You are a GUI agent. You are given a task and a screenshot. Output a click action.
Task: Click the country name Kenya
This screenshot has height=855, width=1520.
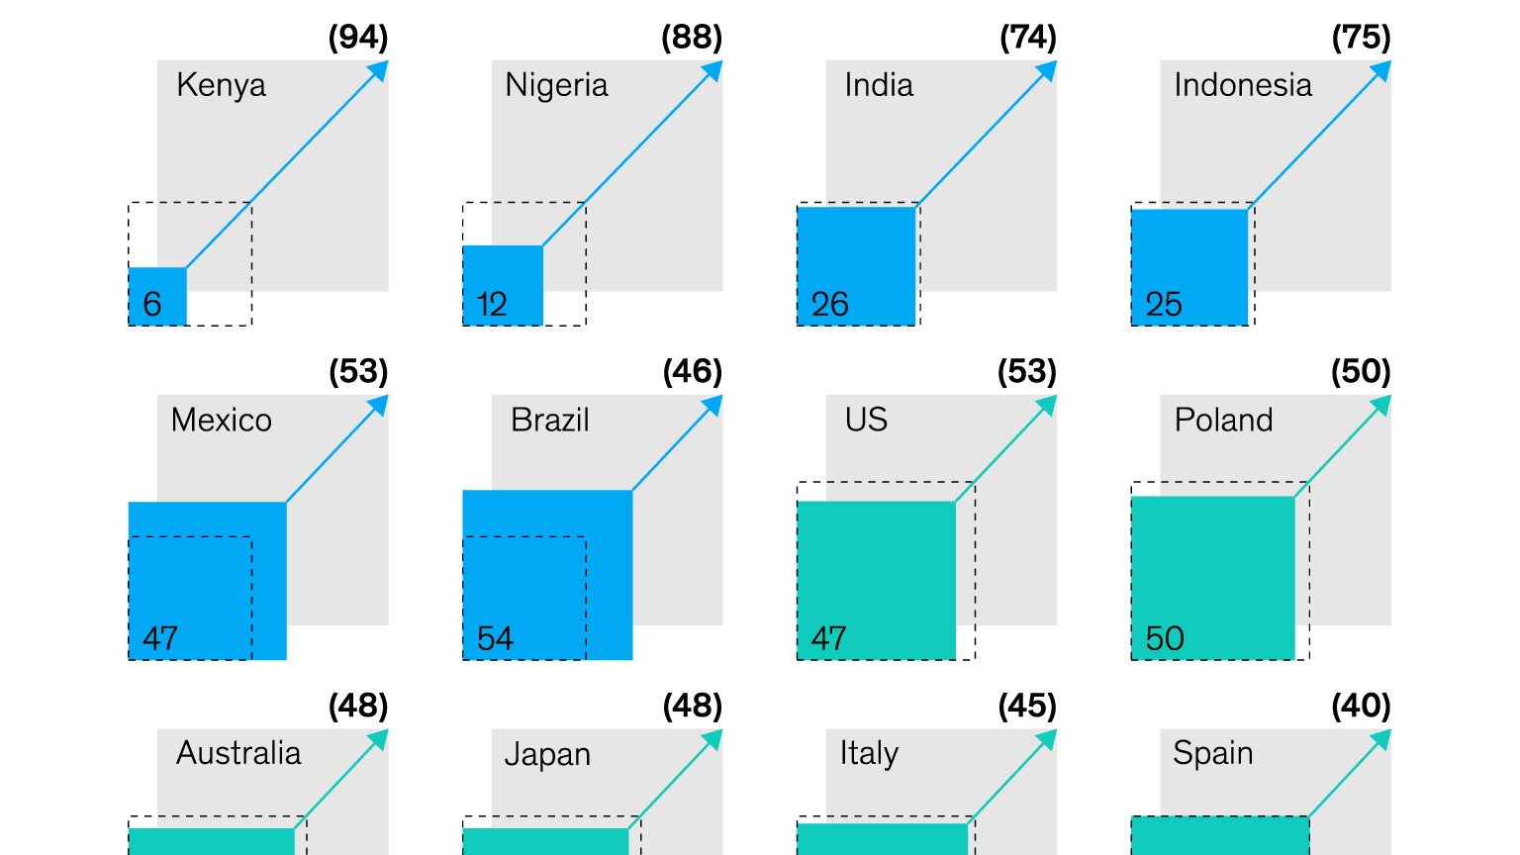click(221, 86)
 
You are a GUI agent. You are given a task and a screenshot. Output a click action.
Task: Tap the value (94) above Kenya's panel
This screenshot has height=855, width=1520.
click(358, 38)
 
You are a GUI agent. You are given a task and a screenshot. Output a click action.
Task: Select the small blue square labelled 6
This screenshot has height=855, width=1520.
click(157, 296)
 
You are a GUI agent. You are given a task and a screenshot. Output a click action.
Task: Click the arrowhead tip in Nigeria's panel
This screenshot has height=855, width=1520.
click(713, 70)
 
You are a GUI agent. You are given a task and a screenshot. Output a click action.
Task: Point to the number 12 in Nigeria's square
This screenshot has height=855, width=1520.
click(492, 304)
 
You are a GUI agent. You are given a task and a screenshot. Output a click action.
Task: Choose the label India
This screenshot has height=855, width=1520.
click(879, 85)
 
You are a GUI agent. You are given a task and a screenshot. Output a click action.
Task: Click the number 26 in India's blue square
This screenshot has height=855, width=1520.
click(830, 304)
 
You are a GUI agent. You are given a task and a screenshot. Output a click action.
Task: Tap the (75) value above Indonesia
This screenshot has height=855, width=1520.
click(1361, 38)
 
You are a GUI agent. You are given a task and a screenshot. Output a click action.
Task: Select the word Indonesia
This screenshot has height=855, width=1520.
click(1243, 85)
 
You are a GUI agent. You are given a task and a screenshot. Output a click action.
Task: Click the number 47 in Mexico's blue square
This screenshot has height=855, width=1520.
click(160, 638)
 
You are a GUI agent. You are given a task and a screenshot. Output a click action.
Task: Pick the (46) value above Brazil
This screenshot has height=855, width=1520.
click(693, 372)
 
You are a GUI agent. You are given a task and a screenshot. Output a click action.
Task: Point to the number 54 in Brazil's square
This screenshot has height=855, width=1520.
click(495, 638)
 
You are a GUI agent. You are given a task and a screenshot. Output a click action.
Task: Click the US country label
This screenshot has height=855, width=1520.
click(866, 420)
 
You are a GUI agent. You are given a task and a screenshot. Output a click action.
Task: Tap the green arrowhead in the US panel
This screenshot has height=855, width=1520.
click(1048, 405)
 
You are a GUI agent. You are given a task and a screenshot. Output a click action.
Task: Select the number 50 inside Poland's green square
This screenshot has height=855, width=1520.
click(1165, 638)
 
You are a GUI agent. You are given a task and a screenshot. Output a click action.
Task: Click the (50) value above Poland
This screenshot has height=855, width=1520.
click(1361, 372)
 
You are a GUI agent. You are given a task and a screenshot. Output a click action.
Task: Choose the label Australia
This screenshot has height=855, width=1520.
click(238, 753)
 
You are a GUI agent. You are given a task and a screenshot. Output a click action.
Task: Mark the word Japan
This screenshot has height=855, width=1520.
click(547, 755)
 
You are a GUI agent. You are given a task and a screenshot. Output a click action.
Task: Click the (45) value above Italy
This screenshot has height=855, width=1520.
click(1027, 707)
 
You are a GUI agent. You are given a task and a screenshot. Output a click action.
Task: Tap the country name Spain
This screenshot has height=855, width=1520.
click(1212, 754)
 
